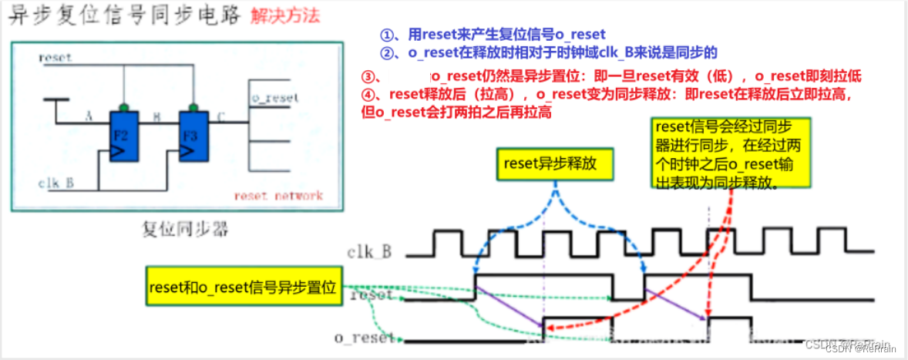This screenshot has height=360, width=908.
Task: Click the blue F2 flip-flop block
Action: [x=123, y=136]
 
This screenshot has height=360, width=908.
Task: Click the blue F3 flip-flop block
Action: [x=193, y=136]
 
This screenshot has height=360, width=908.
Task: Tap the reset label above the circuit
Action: [x=54, y=58]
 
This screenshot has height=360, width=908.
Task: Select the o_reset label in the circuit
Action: [x=274, y=98]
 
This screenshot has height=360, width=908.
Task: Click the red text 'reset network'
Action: [x=277, y=196]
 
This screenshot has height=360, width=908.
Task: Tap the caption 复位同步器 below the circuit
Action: [x=177, y=228]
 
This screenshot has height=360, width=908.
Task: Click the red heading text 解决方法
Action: [x=284, y=15]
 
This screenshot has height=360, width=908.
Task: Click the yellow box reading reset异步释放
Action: [x=547, y=163]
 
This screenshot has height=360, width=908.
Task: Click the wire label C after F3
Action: [x=220, y=117]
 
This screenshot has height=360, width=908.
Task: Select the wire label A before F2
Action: [x=89, y=117]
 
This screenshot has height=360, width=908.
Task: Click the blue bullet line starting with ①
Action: [x=493, y=35]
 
